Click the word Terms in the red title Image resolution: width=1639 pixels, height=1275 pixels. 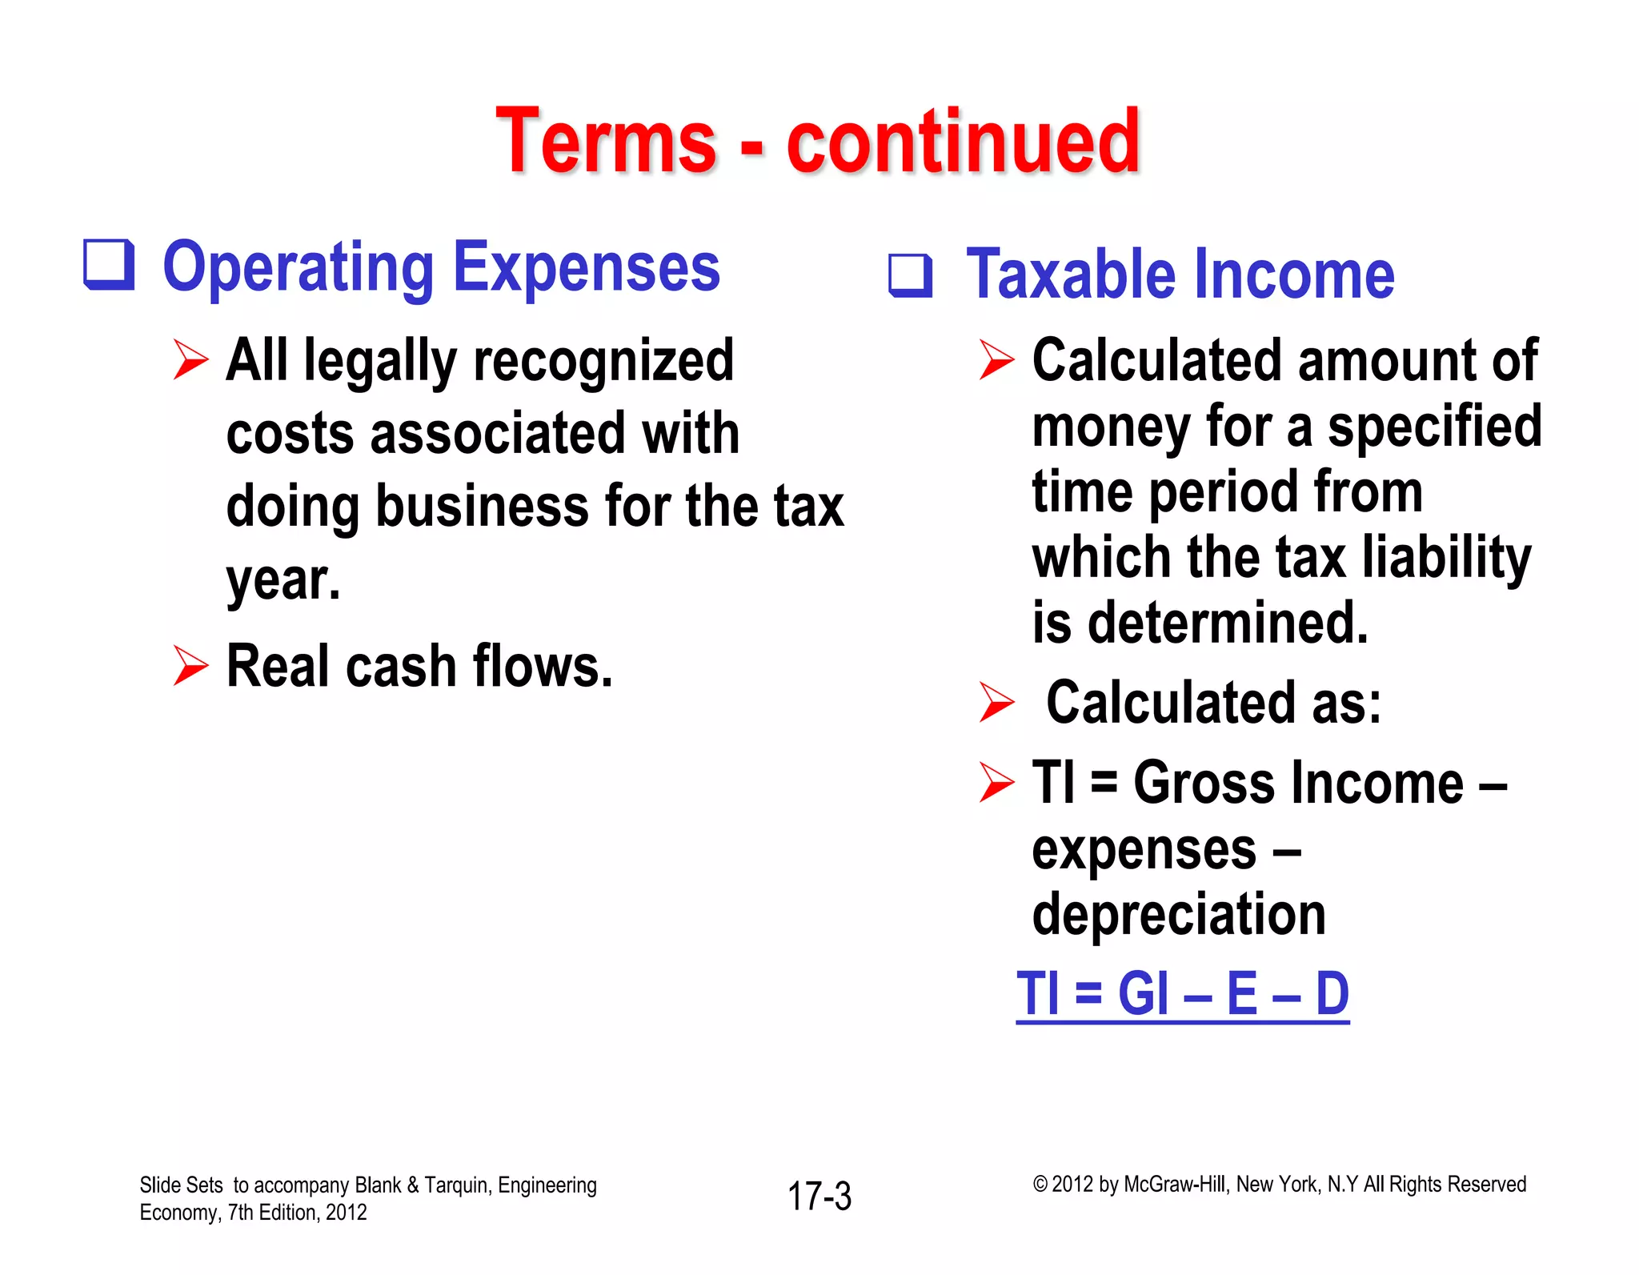coord(606,142)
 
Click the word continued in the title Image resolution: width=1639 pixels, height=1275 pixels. coord(963,142)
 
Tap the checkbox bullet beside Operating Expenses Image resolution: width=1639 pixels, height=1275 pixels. coord(109,265)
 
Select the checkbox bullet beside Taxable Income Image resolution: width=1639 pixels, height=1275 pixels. coord(911,276)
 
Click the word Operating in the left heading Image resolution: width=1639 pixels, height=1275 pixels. coord(299,269)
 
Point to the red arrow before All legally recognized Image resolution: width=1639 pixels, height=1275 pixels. coord(190,359)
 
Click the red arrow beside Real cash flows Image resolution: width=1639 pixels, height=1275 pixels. coord(190,666)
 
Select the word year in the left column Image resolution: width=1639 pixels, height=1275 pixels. coord(278,580)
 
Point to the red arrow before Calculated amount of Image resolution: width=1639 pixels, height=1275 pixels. coord(996,359)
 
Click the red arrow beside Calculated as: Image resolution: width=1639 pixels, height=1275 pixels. coord(996,702)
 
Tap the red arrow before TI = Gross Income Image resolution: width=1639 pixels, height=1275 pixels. coord(996,782)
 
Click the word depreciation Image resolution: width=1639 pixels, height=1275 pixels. coord(1179,914)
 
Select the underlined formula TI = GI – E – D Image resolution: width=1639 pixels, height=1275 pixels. coord(1183,994)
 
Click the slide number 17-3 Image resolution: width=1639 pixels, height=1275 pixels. coord(819,1197)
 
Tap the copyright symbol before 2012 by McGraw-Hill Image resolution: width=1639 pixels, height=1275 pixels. coord(1040,1185)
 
